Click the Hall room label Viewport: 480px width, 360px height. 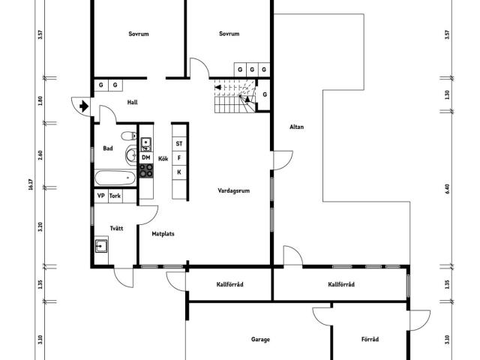132,102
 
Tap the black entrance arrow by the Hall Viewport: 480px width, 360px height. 84,106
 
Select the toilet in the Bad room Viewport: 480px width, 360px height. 129,136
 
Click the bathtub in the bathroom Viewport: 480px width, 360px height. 115,178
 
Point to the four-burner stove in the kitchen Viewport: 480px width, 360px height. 146,171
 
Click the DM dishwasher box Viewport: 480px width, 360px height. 146,157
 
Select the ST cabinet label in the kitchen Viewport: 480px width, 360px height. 179,143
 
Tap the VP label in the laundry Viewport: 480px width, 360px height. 100,196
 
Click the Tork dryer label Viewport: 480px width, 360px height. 115,196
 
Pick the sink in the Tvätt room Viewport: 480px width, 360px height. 101,246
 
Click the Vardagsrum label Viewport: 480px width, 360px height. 233,190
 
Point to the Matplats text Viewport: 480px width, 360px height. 163,234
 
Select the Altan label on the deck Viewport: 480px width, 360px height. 297,127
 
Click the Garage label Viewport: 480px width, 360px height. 260,339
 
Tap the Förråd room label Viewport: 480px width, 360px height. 370,339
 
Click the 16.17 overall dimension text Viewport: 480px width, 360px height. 30,184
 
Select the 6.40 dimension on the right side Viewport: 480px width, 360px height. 447,189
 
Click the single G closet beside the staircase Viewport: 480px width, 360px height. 265,94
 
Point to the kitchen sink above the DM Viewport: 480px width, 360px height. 146,145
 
